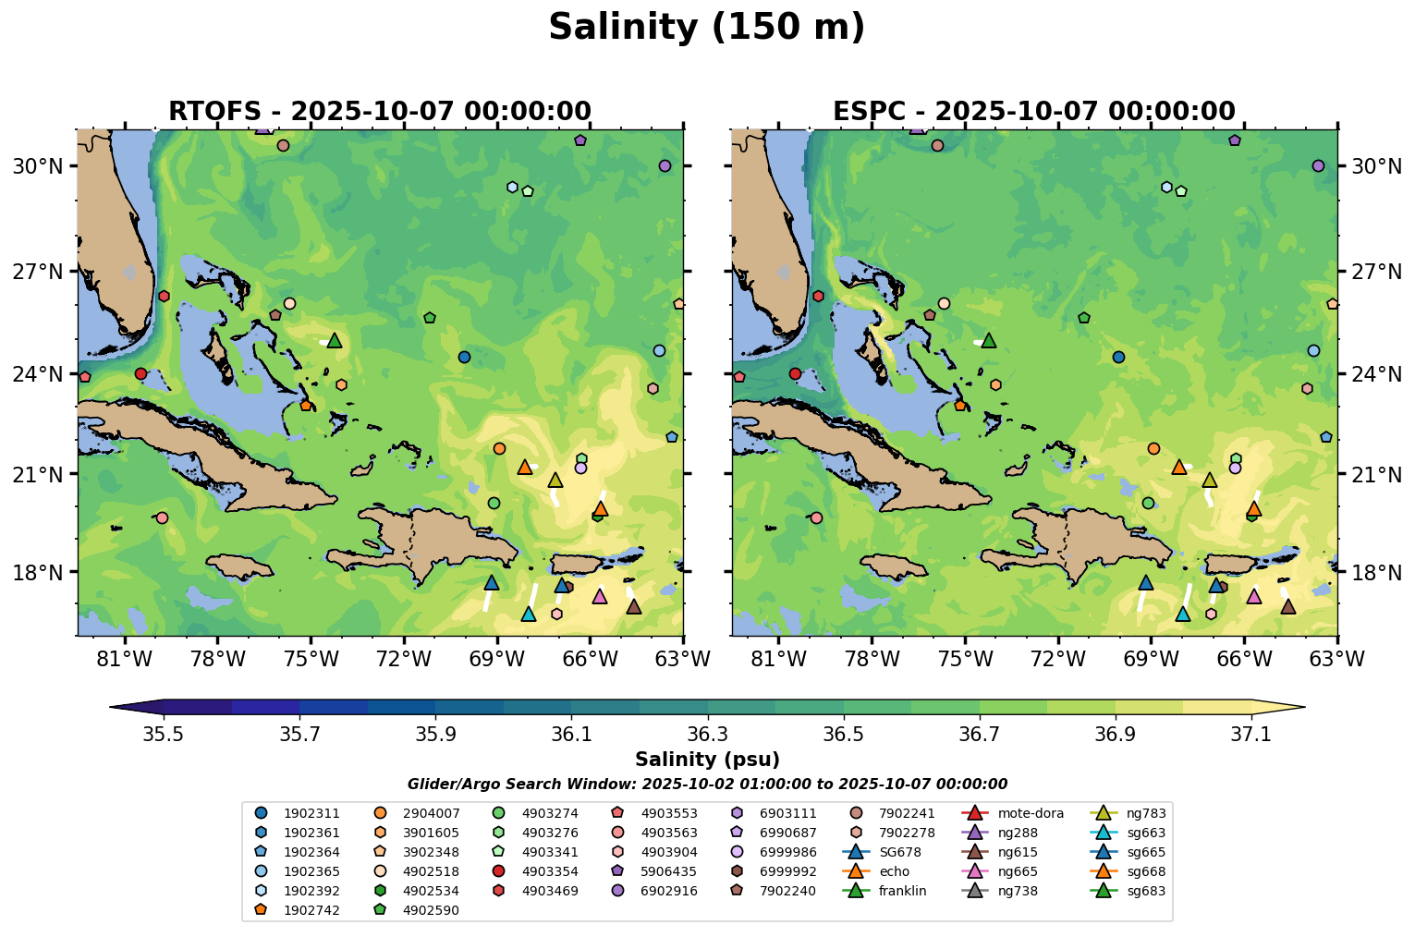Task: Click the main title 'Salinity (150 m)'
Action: coord(706,28)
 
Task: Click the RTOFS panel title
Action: coord(379,112)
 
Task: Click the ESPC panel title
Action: coord(1033,112)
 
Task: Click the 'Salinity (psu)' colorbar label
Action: coord(707,760)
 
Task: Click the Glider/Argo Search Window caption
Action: coord(707,785)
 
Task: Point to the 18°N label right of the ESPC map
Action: coord(1376,573)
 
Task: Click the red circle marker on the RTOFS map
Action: coord(140,373)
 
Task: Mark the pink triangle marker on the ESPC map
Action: coord(1254,596)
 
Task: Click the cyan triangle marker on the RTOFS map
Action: coord(529,614)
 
